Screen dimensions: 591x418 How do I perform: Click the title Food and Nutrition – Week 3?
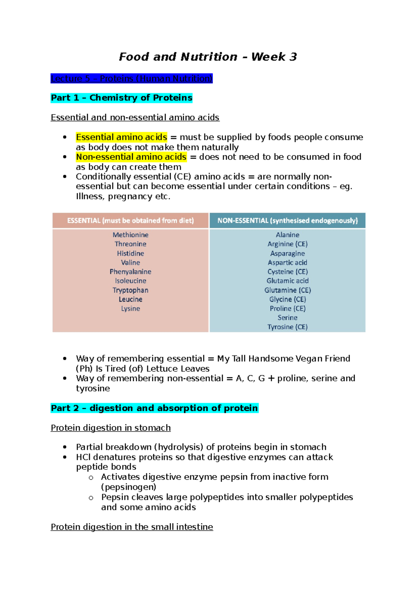point(208,57)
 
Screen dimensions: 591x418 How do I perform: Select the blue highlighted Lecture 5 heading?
point(131,78)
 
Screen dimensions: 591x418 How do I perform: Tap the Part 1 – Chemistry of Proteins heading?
point(121,98)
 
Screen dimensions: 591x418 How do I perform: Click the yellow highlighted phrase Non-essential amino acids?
point(131,157)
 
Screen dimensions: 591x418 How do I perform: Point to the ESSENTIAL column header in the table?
point(130,221)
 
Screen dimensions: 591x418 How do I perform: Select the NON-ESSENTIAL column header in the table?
point(287,221)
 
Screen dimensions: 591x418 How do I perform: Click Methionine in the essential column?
point(130,235)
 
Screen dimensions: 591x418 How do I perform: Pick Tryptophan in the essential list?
point(130,290)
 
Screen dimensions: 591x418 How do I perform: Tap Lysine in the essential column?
point(130,308)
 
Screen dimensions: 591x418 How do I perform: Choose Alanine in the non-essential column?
point(287,235)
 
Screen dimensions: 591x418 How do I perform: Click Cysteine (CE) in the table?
point(287,271)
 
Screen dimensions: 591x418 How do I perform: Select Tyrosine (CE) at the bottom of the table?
point(287,327)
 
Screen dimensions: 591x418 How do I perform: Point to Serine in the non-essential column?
point(287,317)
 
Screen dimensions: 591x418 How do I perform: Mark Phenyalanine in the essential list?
point(130,271)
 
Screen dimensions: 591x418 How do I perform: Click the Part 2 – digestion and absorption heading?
point(154,408)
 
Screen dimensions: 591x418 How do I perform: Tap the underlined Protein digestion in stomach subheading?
point(110,428)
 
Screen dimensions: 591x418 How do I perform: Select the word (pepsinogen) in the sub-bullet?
point(129,487)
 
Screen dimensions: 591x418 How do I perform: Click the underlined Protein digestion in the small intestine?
point(132,527)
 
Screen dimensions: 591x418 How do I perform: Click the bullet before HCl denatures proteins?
point(65,457)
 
